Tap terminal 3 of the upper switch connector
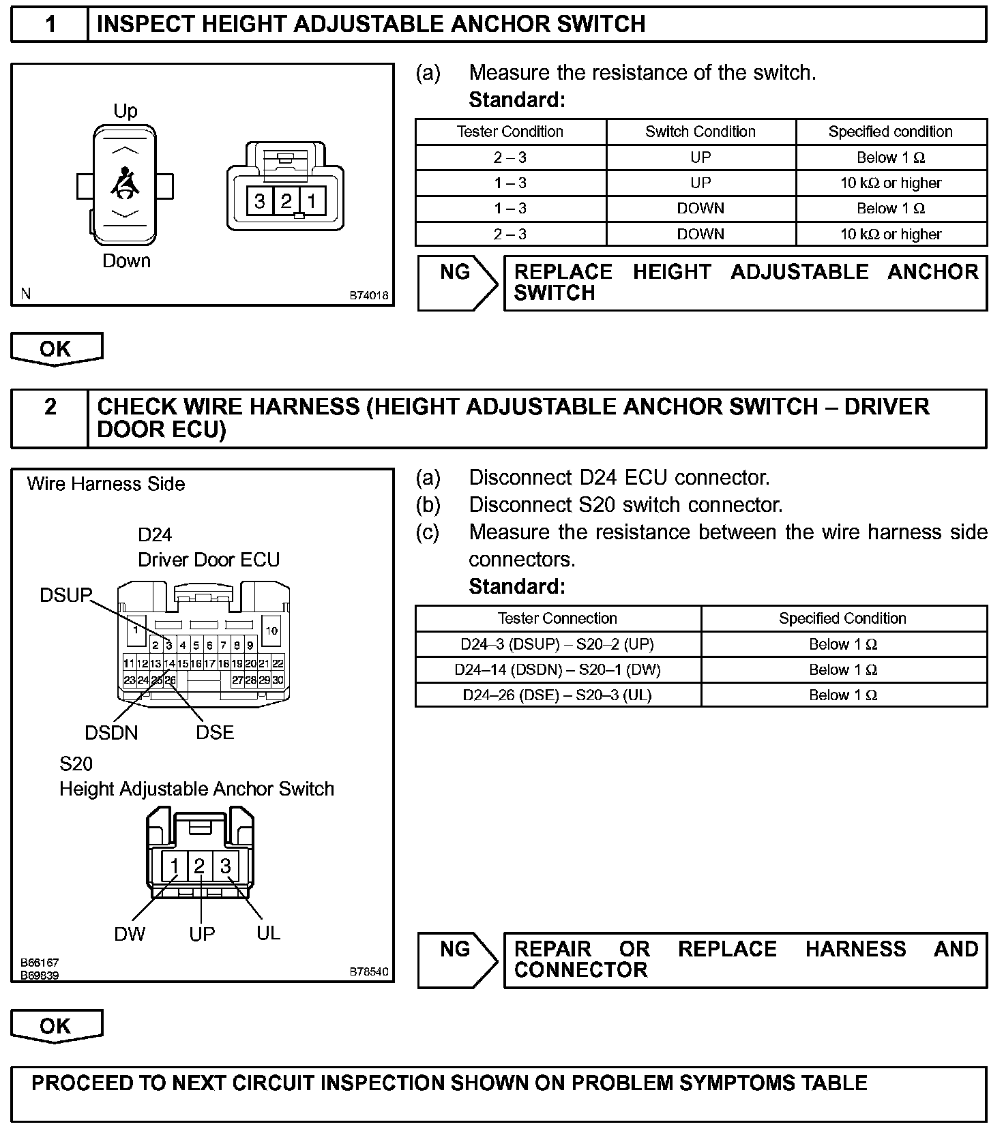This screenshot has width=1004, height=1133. pyautogui.click(x=260, y=201)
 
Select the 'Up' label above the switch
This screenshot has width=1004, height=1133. pyautogui.click(x=125, y=110)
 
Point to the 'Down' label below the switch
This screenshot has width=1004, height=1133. pyautogui.click(x=126, y=261)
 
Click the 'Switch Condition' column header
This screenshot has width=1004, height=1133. pyautogui.click(x=700, y=132)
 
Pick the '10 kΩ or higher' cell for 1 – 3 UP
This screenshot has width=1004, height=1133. pyautogui.click(x=890, y=183)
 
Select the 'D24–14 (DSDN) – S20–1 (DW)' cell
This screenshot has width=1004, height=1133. pyautogui.click(x=557, y=669)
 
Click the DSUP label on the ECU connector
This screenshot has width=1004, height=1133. pyautogui.click(x=65, y=595)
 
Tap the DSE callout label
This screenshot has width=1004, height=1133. pyautogui.click(x=215, y=732)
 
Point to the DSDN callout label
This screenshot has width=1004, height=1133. pyautogui.click(x=111, y=733)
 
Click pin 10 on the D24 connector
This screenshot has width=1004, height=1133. pyautogui.click(x=271, y=631)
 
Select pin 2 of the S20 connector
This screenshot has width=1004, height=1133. pyautogui.click(x=199, y=866)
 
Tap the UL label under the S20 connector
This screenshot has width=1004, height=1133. pyautogui.click(x=269, y=933)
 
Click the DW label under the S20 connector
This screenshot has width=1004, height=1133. pyautogui.click(x=130, y=934)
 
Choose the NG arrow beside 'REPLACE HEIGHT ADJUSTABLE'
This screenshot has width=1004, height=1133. pyautogui.click(x=458, y=283)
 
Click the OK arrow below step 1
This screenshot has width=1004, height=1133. pyautogui.click(x=57, y=349)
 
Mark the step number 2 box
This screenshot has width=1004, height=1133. pyautogui.click(x=50, y=407)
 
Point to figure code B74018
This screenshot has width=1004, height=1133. pyautogui.click(x=369, y=296)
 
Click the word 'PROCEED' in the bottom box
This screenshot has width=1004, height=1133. pyautogui.click(x=78, y=1083)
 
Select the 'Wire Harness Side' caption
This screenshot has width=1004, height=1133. pyautogui.click(x=106, y=484)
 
